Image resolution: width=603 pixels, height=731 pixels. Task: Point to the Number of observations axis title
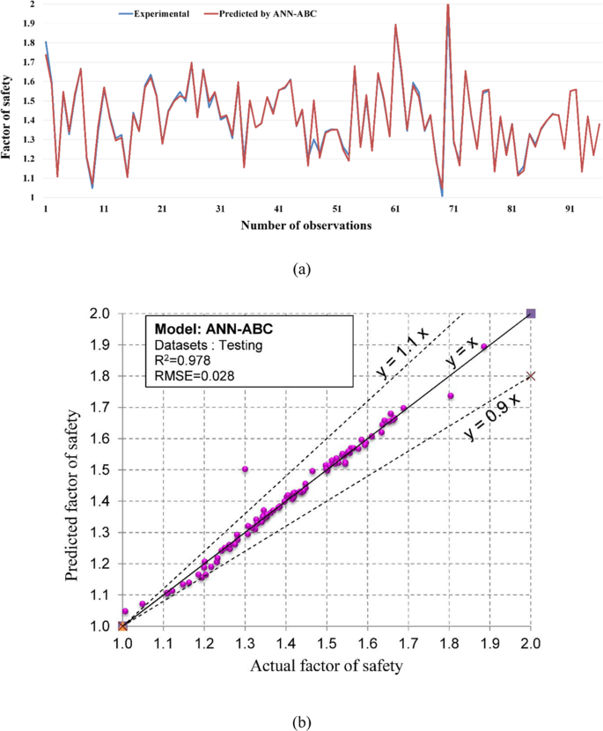[x=306, y=225]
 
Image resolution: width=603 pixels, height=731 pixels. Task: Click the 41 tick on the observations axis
[x=278, y=210]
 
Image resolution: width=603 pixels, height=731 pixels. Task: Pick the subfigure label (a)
[x=302, y=270]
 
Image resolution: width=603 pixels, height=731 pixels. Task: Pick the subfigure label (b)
[x=302, y=723]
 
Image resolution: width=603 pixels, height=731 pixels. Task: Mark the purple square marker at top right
[x=531, y=313]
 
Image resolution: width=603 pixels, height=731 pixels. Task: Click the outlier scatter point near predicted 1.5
[x=245, y=469]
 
